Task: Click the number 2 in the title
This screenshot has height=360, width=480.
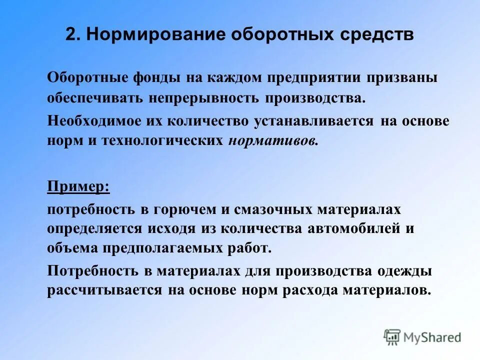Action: [x=70, y=35]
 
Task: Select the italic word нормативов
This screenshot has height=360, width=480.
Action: [x=273, y=141]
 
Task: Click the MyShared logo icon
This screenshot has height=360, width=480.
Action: [x=392, y=337]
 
